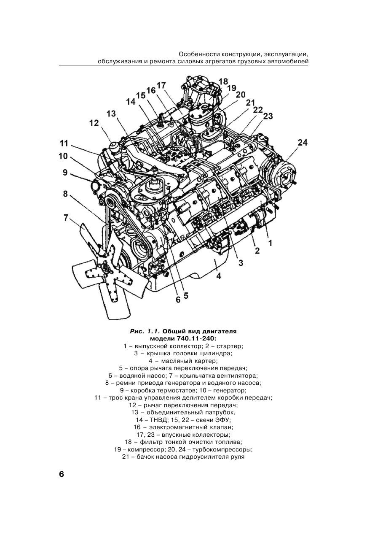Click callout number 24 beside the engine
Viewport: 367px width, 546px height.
click(x=303, y=143)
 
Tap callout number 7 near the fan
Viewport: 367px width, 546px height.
click(x=66, y=218)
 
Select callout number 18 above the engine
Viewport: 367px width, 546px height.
click(x=223, y=81)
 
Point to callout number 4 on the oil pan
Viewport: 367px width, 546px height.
click(x=219, y=276)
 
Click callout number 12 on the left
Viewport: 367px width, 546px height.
click(x=94, y=123)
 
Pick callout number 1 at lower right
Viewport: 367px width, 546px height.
click(x=270, y=243)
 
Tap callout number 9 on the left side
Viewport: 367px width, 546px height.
click(x=65, y=172)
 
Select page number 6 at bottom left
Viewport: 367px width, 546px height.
click(x=62, y=474)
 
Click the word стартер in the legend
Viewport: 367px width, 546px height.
click(x=229, y=346)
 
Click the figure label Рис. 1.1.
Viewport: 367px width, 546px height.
click(x=145, y=331)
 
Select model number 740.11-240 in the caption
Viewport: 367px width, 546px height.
click(x=195, y=338)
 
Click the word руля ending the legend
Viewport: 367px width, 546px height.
click(x=236, y=457)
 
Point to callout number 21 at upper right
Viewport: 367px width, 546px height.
click(x=251, y=103)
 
